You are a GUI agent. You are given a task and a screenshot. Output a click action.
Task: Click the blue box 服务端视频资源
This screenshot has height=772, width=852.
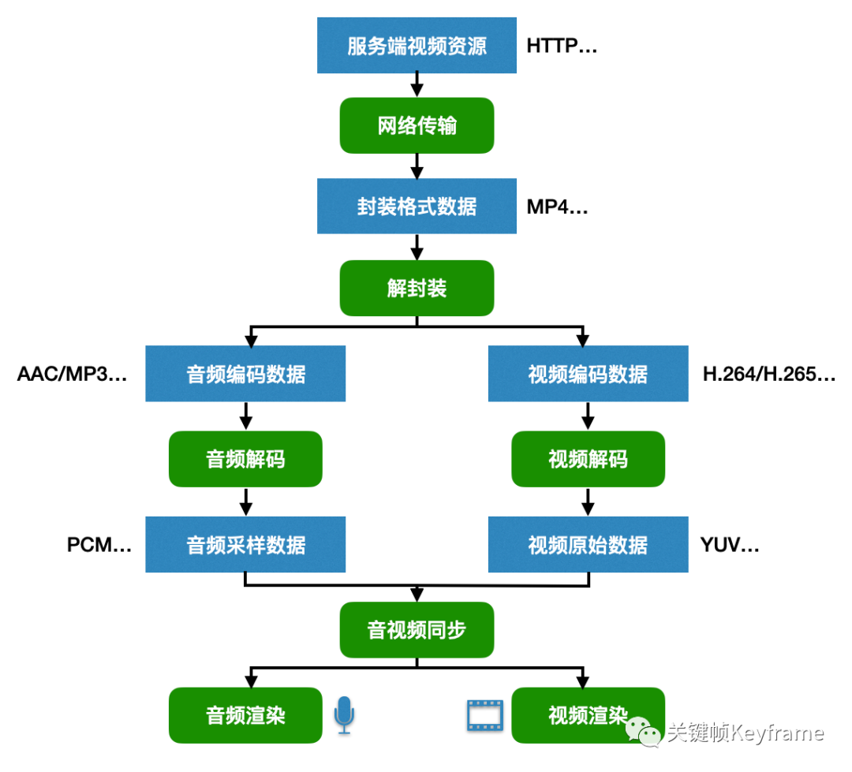(x=417, y=46)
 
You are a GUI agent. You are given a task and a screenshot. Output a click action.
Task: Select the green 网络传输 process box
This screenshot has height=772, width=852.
(x=417, y=125)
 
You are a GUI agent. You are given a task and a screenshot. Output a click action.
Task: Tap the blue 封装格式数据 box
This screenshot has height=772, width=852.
(x=417, y=207)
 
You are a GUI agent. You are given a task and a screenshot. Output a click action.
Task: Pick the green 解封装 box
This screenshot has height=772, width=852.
(x=417, y=288)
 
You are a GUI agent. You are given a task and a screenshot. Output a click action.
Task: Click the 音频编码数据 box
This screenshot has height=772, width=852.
(x=245, y=374)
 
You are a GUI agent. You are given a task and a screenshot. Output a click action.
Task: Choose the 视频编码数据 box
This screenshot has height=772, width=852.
(x=588, y=374)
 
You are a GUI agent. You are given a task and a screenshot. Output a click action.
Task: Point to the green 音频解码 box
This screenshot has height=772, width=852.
(x=245, y=459)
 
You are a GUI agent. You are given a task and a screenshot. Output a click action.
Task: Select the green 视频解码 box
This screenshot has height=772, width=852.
(x=588, y=459)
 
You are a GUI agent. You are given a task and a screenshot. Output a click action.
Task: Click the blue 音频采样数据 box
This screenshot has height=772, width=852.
(x=245, y=544)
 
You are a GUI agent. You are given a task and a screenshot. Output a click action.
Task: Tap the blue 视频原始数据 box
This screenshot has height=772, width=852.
(x=588, y=544)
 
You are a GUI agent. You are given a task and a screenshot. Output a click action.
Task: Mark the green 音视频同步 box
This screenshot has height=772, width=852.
(x=417, y=630)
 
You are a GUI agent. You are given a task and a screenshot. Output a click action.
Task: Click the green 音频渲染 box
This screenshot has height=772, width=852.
(x=245, y=715)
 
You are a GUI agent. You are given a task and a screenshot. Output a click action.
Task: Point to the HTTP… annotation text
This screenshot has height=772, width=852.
(x=562, y=46)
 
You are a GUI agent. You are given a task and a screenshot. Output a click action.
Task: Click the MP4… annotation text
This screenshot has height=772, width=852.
(x=557, y=207)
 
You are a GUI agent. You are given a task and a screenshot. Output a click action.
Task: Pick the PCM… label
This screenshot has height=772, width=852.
(x=99, y=545)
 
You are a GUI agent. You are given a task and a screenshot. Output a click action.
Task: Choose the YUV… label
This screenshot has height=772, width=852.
(x=730, y=545)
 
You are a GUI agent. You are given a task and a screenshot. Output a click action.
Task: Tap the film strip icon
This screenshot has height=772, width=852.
(x=484, y=715)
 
